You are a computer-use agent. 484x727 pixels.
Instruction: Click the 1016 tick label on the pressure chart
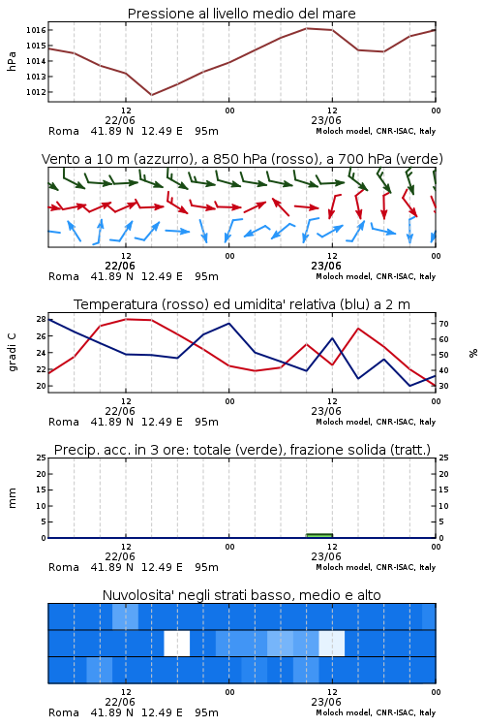(x=36, y=30)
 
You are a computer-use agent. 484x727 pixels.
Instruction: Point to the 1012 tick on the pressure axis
(x=36, y=92)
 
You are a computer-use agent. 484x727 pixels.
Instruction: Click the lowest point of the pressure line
(x=151, y=95)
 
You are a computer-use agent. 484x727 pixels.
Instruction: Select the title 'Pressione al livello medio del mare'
(x=242, y=14)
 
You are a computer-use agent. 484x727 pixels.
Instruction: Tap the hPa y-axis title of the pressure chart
(x=12, y=61)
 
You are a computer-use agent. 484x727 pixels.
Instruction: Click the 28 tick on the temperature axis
(x=41, y=319)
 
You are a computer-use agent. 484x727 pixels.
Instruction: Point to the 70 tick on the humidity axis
(x=443, y=324)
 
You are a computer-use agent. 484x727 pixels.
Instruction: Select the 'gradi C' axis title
(x=12, y=353)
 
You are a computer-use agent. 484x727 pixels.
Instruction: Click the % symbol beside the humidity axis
(x=473, y=353)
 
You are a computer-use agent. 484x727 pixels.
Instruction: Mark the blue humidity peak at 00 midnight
(x=228, y=323)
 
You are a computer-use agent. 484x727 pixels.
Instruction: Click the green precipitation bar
(x=319, y=535)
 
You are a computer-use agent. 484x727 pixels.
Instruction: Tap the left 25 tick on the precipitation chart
(x=41, y=458)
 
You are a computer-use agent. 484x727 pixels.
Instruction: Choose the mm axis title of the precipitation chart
(x=12, y=498)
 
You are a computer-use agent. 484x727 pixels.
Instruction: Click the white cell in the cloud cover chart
(x=177, y=643)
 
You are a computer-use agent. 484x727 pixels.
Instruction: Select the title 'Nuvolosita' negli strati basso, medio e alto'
(x=242, y=595)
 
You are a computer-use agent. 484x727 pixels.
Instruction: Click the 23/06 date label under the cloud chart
(x=326, y=702)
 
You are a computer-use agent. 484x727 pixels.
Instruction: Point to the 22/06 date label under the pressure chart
(x=120, y=120)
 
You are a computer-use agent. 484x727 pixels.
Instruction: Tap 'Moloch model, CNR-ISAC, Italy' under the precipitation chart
(x=376, y=567)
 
